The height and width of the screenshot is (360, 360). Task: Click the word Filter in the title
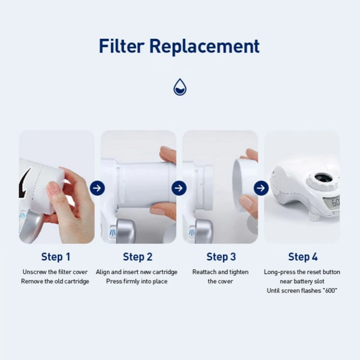pos(121,46)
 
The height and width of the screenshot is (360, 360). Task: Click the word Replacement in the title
pos(205,46)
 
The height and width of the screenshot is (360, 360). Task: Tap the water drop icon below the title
pos(180,87)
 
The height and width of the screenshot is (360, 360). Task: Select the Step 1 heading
pos(56,257)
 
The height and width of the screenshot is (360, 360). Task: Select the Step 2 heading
pos(138,257)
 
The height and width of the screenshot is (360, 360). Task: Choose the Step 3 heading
pos(221,257)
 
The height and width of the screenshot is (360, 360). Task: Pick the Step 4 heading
pos(303,257)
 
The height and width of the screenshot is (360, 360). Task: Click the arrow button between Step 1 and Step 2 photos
pos(97,188)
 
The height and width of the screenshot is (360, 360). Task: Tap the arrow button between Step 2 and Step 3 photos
pos(179,188)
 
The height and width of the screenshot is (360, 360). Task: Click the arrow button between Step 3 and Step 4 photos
pos(261,188)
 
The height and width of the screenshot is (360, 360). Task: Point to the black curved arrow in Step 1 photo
pos(25,182)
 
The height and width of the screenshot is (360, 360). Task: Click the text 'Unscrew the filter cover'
pos(55,272)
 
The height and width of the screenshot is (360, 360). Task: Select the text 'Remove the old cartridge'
pos(55,281)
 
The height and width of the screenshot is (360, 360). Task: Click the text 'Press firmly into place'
pos(137,281)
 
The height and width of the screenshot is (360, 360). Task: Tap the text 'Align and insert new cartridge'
pos(137,272)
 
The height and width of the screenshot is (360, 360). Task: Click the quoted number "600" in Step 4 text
pos(328,291)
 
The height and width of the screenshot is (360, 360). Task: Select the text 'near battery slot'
pos(302,281)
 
